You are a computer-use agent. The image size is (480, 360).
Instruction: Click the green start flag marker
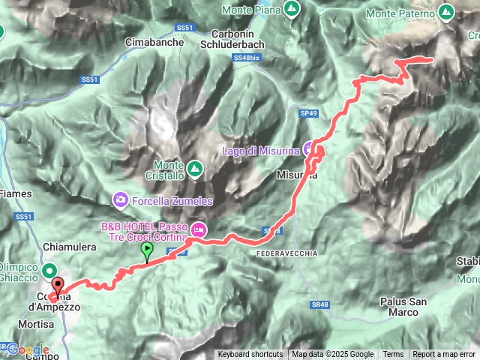pos(147,251)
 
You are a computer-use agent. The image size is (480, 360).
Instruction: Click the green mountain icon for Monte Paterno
pos(447,12)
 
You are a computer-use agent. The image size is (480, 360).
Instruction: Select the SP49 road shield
pos(309,112)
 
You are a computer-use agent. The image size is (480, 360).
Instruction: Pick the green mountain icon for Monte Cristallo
pos(194,168)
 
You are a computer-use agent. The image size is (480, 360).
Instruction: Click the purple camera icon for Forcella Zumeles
pos(120,199)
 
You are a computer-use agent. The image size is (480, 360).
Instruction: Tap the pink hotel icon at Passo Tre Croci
pos(199,227)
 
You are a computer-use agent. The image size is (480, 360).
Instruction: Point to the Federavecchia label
pos(286,253)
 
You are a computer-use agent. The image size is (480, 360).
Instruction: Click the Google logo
pos(28,349)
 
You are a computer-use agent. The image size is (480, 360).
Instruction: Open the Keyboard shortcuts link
pos(250,355)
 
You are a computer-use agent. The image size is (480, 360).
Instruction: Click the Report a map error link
pos(444,355)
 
